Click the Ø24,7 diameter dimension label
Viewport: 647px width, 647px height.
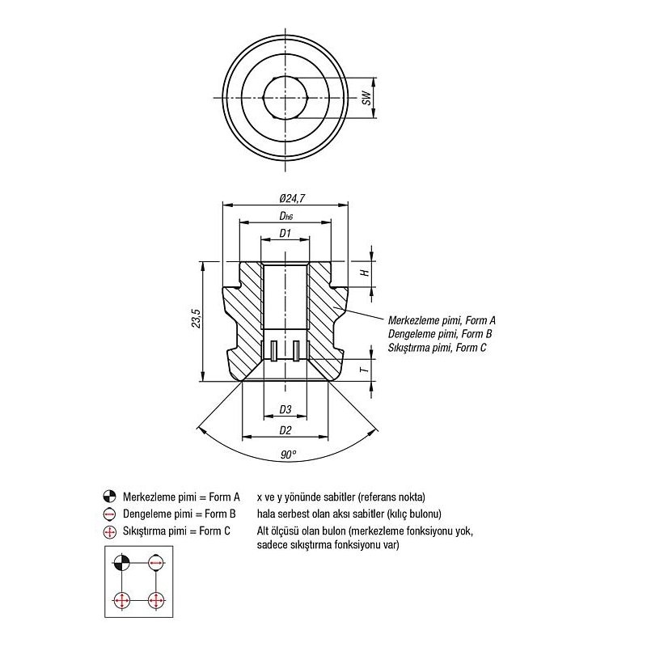click(x=292, y=198)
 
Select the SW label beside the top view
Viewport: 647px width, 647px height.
click(x=366, y=98)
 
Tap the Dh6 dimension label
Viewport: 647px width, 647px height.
click(x=286, y=216)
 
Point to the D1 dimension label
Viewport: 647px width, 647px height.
click(x=285, y=233)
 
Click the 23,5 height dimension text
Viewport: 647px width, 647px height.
click(x=196, y=318)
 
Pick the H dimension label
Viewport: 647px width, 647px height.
click(x=366, y=273)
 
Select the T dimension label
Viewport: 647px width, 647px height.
click(x=365, y=370)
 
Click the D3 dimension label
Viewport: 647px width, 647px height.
click(x=285, y=409)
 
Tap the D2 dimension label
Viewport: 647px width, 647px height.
click(x=285, y=430)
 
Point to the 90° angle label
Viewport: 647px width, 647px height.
click(x=288, y=455)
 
